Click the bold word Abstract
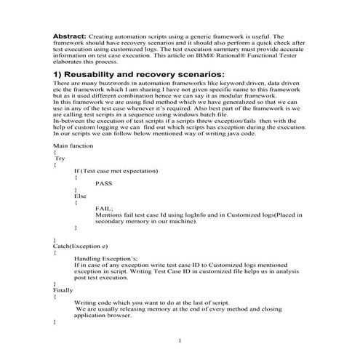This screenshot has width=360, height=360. (70, 35)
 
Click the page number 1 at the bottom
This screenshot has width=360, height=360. (180, 340)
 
